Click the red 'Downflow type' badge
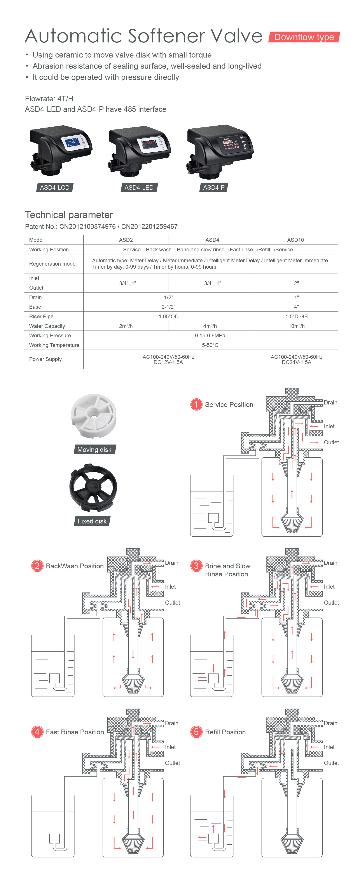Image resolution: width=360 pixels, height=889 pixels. (304, 37)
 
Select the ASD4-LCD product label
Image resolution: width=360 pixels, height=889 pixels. (54, 187)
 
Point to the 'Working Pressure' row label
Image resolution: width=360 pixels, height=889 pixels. (50, 335)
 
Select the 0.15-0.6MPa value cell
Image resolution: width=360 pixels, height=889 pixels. (210, 335)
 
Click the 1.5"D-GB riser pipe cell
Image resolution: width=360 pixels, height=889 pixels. (296, 317)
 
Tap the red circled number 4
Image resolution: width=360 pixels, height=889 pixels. (37, 732)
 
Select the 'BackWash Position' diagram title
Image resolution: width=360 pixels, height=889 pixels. (75, 566)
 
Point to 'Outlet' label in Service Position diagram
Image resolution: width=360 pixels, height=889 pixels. (331, 443)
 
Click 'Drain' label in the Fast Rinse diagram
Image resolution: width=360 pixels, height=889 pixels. (171, 723)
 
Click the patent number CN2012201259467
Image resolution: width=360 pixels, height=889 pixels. (149, 226)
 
